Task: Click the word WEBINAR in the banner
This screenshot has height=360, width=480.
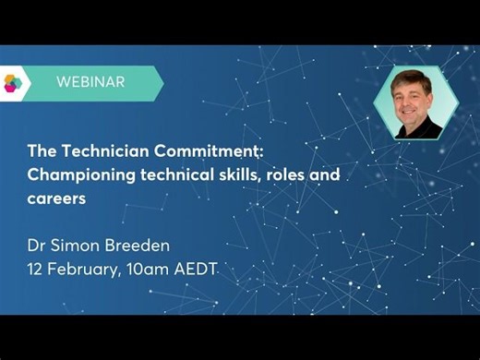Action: [90, 82]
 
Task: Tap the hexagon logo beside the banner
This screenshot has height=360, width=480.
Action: [12, 82]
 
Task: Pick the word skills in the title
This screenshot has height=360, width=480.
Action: [239, 174]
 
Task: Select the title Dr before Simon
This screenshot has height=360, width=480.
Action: [36, 246]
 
